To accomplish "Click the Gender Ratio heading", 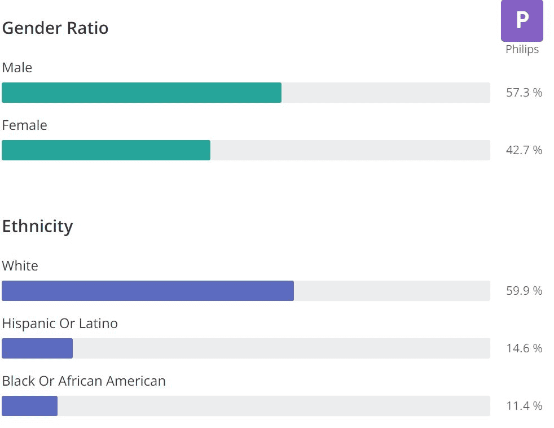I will coord(55,28).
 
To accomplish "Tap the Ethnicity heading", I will coord(38,226).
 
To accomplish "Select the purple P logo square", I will coord(522,21).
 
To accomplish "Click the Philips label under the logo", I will coord(522,50).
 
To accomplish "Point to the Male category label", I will coord(17,68).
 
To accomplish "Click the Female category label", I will coord(25,125).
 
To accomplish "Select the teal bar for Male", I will coord(141,93).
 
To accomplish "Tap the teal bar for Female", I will coord(106,150).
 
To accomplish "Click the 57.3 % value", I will coord(524,93).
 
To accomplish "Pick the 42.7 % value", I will coord(524,150).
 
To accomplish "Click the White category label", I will coord(20,266).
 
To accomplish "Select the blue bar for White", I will coord(148,291).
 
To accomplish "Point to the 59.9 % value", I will coord(524,291).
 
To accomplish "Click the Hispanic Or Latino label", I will coord(60,324).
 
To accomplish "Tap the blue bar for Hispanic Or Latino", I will coord(37,348).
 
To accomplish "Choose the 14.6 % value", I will coord(524,348).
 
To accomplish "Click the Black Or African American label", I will coord(84,381).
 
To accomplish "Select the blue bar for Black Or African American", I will coord(29,406).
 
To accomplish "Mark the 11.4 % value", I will coord(524,406).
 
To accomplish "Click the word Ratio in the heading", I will coord(87,28).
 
